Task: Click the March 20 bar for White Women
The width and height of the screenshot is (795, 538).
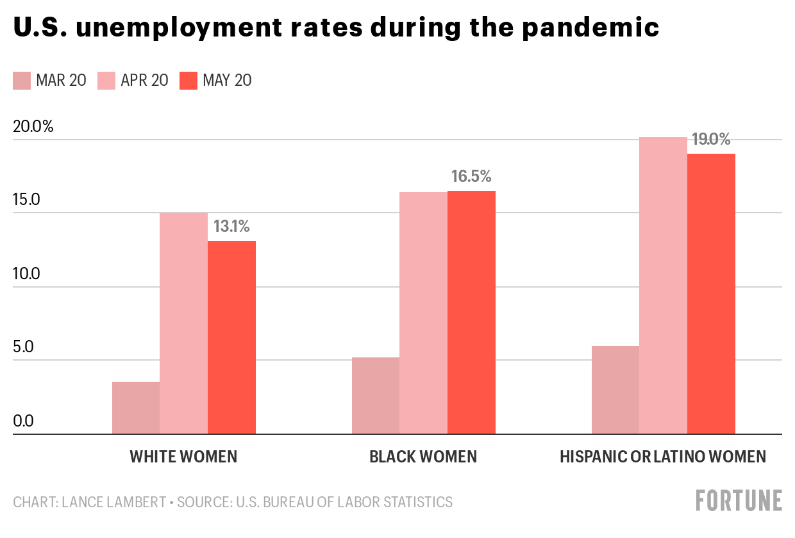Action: click(x=136, y=407)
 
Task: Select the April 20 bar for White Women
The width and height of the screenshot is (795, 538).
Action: click(x=183, y=323)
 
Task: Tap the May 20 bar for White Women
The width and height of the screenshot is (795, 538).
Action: click(x=231, y=338)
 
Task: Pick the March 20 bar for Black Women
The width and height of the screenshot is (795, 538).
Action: click(x=376, y=395)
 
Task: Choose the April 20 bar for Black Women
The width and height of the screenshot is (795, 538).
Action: click(x=423, y=313)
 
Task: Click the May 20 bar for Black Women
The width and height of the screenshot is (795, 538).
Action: click(x=471, y=312)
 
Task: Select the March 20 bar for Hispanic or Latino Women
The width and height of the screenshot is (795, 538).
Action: click(x=615, y=390)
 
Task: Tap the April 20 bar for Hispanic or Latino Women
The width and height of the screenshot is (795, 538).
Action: click(x=663, y=286)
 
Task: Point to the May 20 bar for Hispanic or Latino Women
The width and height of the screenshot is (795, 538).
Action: click(x=711, y=293)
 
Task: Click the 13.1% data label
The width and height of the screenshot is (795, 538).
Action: click(x=231, y=226)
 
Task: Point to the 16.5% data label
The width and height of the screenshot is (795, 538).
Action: click(x=471, y=176)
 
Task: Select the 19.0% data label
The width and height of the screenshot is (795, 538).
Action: click(x=711, y=139)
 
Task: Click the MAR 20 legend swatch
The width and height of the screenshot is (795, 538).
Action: click(x=22, y=81)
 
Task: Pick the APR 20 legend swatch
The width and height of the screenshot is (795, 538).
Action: click(x=106, y=81)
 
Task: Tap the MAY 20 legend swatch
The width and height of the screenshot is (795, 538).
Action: click(x=188, y=81)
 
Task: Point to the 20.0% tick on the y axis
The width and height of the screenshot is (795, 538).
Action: click(x=33, y=126)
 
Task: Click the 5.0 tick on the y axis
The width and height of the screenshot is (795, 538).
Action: click(x=23, y=347)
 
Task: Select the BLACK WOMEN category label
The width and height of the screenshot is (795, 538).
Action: click(x=423, y=457)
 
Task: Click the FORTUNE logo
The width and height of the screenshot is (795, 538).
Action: click(x=739, y=500)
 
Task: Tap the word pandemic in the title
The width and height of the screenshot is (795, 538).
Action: click(x=590, y=28)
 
